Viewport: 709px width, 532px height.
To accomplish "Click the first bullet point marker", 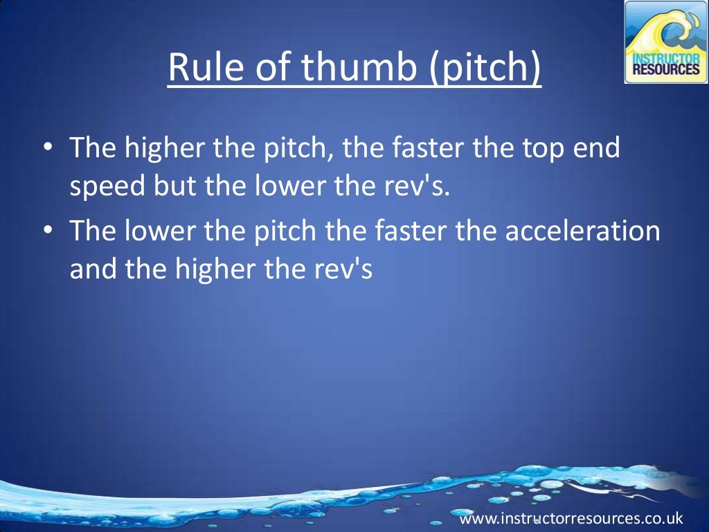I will [47, 148].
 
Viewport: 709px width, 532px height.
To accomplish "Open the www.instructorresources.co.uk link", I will [571, 518].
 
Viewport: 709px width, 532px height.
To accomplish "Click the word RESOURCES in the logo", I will [665, 70].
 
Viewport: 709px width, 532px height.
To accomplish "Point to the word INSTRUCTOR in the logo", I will [665, 58].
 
